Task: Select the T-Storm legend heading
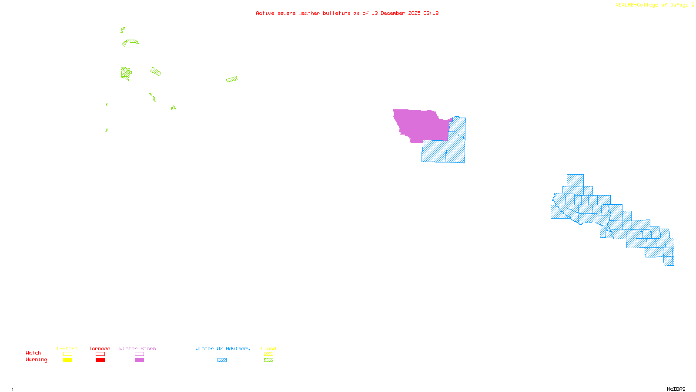pos(67,348)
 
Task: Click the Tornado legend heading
pos(100,348)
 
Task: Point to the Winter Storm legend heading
pos(137,348)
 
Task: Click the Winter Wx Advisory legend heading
pos(223,348)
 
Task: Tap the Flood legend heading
pos(268,348)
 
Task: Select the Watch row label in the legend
pos(33,353)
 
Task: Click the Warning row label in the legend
pos(36,360)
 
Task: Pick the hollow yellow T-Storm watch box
pos(67,354)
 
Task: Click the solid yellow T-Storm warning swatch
pos(67,360)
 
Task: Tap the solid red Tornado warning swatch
pos(100,360)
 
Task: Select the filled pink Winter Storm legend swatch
pos(139,360)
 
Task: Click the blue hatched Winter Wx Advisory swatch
pos(222,360)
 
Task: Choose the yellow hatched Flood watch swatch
pos(268,354)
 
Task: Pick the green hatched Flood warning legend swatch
pos(268,360)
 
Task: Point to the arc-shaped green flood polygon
pos(130,42)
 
